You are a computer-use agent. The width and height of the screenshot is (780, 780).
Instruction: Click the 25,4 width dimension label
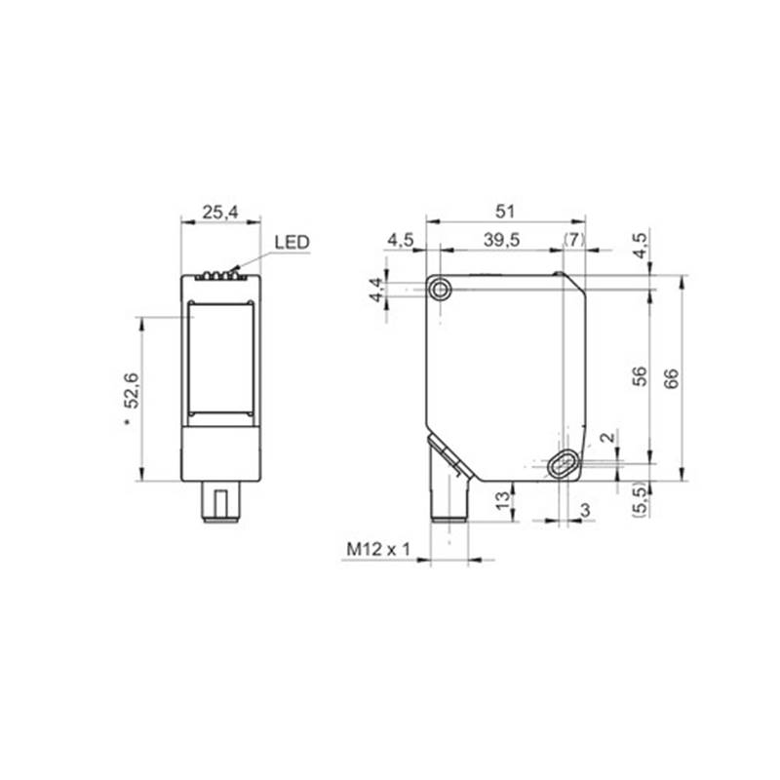220,213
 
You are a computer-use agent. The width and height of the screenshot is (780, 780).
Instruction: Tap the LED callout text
292,242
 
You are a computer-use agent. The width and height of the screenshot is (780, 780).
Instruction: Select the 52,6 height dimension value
133,391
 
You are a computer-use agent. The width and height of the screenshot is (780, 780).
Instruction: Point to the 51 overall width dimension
504,212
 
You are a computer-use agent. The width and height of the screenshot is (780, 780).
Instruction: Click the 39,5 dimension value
501,240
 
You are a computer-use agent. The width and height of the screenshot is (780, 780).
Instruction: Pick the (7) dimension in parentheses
574,240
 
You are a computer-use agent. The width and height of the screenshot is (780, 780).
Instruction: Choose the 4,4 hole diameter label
377,290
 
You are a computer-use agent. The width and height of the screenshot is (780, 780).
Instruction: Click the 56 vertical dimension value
640,376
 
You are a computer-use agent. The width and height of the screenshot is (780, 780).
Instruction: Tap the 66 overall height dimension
671,378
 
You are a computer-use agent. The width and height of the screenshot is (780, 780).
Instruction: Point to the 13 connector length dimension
503,499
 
